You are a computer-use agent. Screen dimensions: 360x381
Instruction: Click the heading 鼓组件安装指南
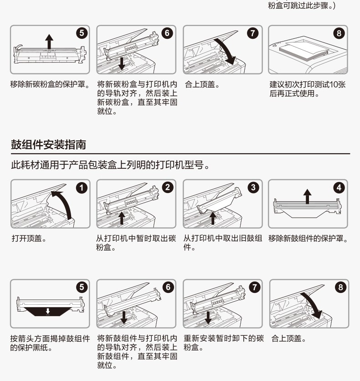click(49, 145)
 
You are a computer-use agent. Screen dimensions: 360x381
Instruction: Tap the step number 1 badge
click(82, 188)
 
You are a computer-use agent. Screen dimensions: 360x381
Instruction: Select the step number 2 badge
click(168, 188)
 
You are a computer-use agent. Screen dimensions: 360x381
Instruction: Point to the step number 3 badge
click(253, 188)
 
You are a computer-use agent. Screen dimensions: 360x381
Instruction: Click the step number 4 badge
click(339, 188)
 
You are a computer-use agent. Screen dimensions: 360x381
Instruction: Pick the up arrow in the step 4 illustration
click(307, 196)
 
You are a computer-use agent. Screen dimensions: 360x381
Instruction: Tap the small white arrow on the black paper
click(48, 311)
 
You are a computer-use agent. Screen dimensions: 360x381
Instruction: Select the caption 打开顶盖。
click(29, 238)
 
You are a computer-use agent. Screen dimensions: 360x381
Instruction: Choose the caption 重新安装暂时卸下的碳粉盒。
click(224, 343)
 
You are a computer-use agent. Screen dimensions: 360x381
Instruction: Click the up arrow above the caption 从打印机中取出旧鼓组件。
click(213, 218)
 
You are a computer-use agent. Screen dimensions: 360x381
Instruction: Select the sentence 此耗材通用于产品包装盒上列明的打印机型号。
click(110, 165)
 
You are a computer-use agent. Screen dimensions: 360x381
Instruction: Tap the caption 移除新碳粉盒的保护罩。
click(50, 84)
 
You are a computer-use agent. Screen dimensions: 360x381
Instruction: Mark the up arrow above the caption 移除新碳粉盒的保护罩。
click(49, 42)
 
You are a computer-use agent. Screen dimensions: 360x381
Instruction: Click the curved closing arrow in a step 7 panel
click(226, 50)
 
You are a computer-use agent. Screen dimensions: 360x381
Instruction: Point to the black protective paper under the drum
click(48, 311)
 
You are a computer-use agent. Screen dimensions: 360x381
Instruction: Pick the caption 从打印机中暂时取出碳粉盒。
click(136, 242)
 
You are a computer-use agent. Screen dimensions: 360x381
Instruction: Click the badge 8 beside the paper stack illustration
click(339, 33)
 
